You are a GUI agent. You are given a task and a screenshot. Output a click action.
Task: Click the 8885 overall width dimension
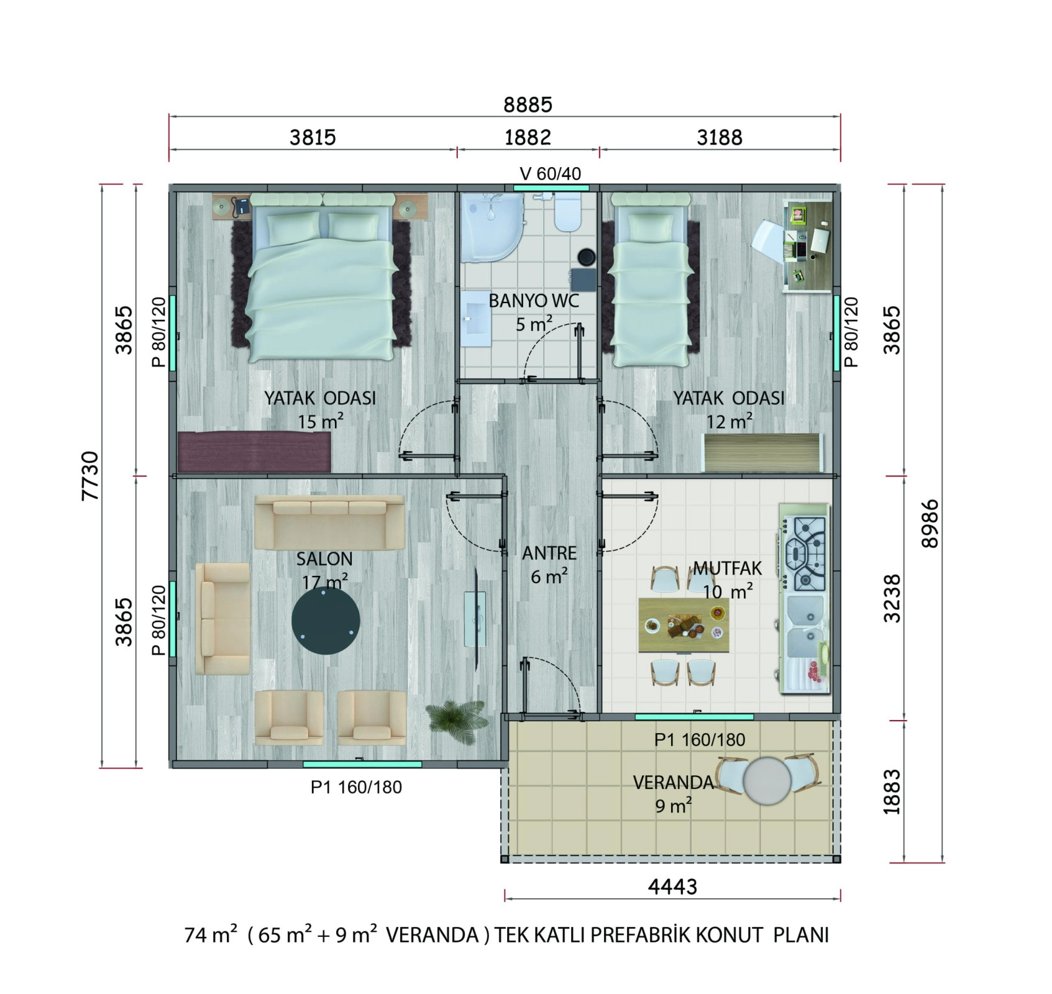tap(528, 104)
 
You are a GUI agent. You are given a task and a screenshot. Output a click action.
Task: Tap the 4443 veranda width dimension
tap(672, 887)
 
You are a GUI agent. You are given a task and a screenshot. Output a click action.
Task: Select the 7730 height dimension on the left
tap(91, 475)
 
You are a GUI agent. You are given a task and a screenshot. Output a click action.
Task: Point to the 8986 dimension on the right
tap(930, 523)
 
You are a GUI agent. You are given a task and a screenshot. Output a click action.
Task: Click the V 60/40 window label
tap(551, 173)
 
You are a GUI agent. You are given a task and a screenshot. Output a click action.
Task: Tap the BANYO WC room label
tap(534, 301)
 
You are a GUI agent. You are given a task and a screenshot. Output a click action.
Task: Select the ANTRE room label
tap(549, 553)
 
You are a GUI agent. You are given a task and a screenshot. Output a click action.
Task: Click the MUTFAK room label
tap(728, 568)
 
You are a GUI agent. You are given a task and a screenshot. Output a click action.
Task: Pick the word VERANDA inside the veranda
tap(674, 782)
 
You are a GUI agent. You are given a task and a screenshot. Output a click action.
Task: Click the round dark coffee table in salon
tap(326, 621)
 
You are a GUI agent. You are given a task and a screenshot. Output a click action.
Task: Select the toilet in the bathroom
tap(567, 212)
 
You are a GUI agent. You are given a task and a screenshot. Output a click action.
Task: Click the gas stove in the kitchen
tap(805, 553)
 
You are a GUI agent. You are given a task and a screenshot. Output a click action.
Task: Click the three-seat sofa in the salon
tap(329, 522)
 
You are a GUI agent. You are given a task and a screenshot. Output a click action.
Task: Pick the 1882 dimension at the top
tap(528, 137)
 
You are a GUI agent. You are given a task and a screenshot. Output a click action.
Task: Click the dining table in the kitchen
tap(684, 624)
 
